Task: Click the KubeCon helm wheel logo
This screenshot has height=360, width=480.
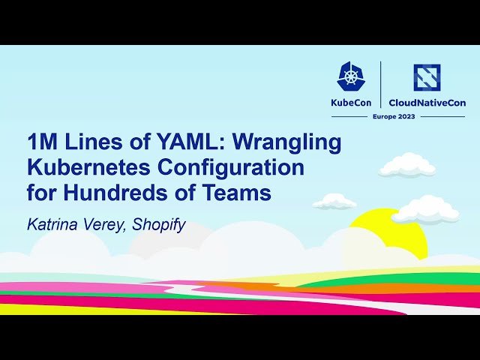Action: pos(352,76)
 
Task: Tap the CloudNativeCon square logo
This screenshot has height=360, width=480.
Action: pos(427,77)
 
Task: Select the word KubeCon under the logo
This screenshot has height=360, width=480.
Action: pos(352,103)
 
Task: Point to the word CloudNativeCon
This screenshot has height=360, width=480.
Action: pos(427,103)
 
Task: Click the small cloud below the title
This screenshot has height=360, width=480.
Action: pos(334,201)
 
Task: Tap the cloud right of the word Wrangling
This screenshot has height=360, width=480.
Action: pos(406,165)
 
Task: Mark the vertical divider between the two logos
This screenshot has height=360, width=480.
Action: pos(381,85)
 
